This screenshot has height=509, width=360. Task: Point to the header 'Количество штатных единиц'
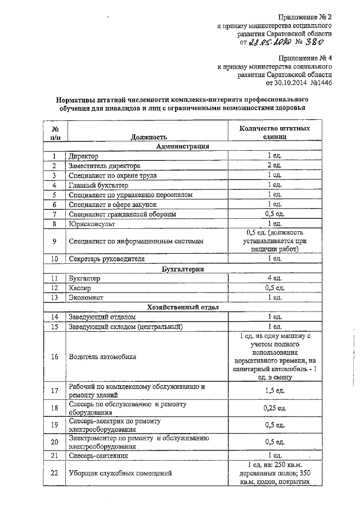(x=274, y=132)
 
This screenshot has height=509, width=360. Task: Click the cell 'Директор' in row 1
(x=83, y=156)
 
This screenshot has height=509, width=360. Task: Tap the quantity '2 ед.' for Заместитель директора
(x=274, y=165)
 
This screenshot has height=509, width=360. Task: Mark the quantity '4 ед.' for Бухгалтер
(x=274, y=278)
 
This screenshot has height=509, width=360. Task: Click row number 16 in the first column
(x=55, y=356)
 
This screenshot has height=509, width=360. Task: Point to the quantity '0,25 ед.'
(x=274, y=408)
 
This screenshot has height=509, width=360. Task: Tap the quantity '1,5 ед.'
(x=274, y=390)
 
